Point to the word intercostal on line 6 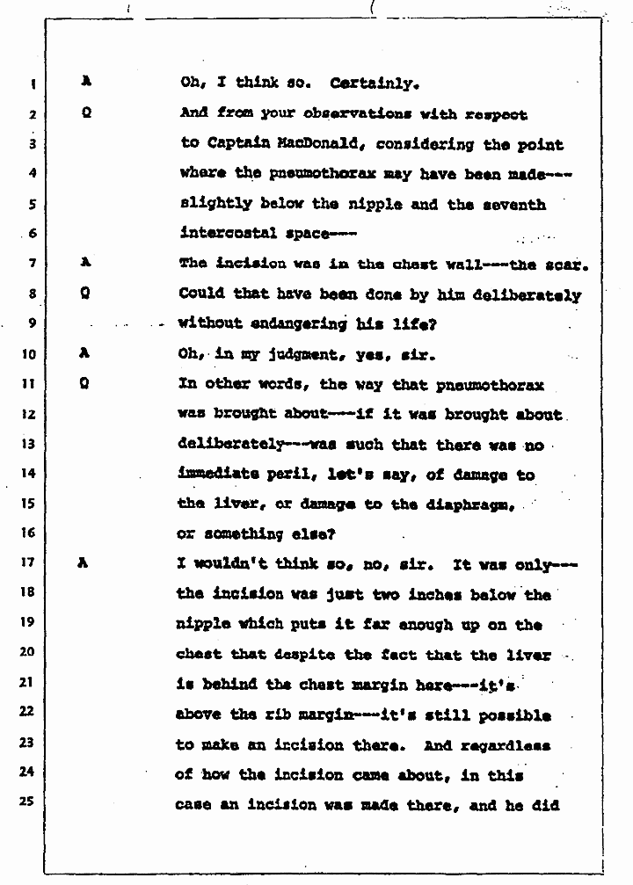point(222,234)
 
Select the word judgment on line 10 point(277,354)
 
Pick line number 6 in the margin point(30,234)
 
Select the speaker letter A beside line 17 point(84,562)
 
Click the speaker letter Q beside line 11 point(85,383)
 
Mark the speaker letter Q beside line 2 point(85,113)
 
